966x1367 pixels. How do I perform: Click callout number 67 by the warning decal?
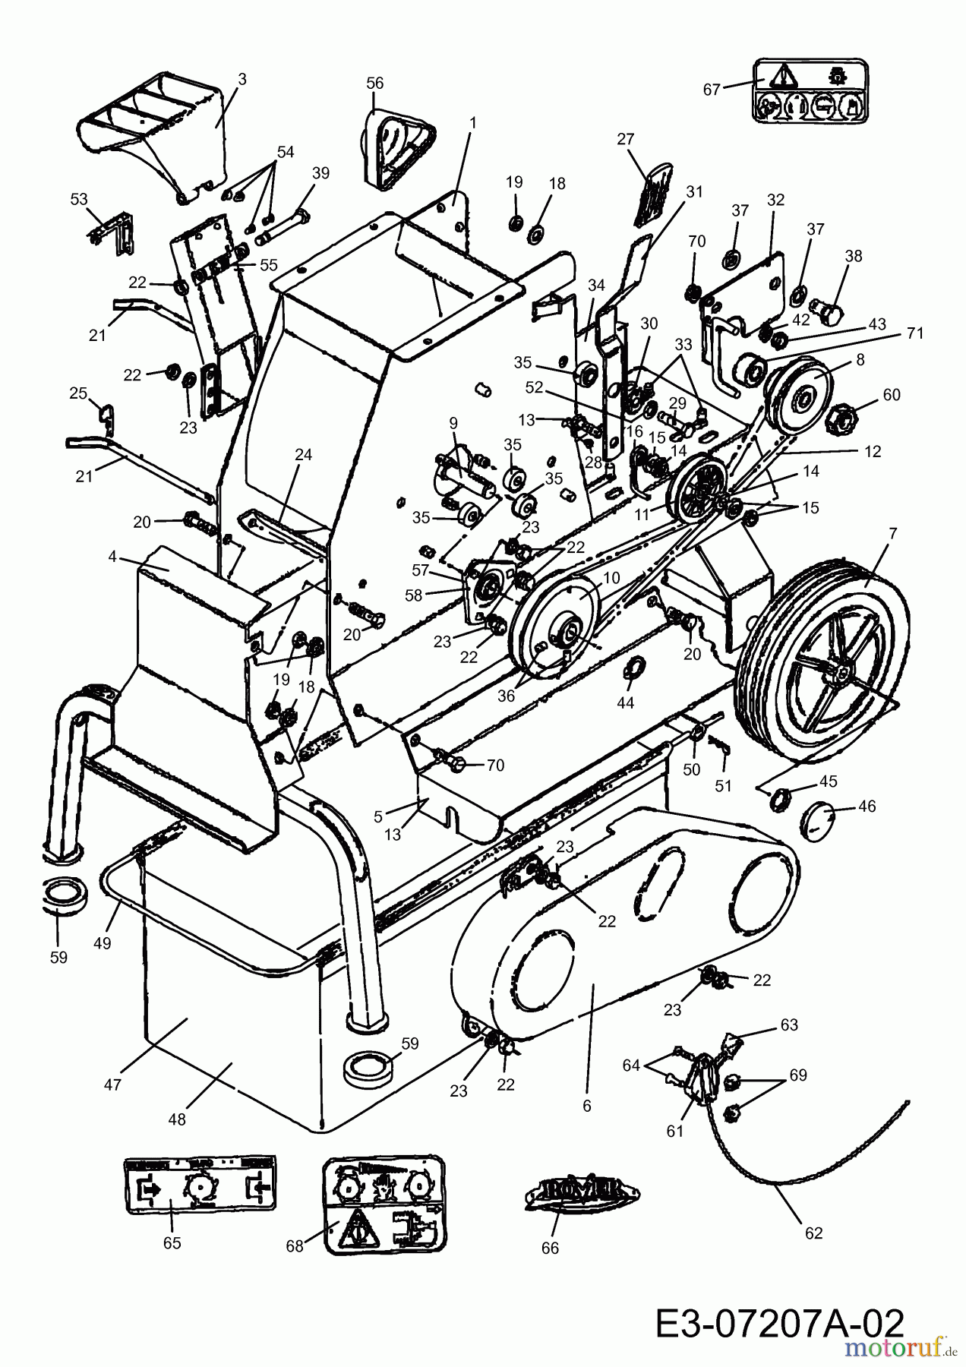[711, 90]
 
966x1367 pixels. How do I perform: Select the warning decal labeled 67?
[808, 90]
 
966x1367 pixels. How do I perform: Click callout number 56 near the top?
[375, 83]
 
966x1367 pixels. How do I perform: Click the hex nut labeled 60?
[844, 417]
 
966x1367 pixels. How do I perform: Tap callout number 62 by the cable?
[813, 1233]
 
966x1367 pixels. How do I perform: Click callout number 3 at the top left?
[241, 79]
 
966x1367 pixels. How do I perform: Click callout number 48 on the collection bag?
[178, 1119]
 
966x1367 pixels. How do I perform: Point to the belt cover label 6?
[586, 1106]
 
